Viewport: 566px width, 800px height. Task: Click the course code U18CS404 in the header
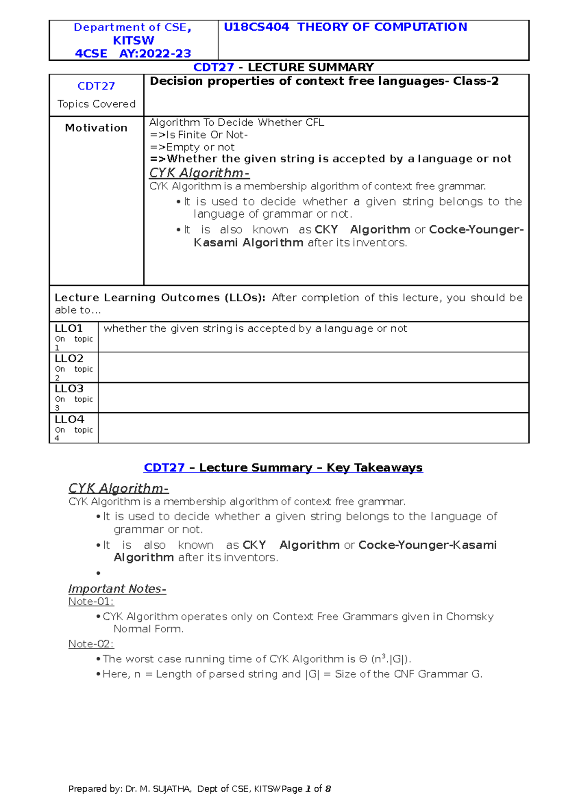(256, 27)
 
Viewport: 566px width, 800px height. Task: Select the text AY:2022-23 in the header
(155, 54)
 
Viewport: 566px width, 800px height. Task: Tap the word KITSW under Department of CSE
(133, 41)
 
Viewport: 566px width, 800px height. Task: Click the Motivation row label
(96, 128)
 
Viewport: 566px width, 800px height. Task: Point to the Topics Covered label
(96, 104)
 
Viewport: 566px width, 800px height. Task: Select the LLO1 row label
(69, 328)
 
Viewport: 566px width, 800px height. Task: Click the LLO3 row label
(69, 389)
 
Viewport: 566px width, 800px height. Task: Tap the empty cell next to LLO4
(313, 428)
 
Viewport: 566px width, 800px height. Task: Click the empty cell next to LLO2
(313, 367)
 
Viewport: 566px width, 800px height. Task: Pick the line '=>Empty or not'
(192, 147)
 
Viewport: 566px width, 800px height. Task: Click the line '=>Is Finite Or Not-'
(199, 135)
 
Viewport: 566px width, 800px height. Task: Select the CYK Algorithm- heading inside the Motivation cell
(199, 173)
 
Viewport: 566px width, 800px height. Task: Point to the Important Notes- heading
(117, 589)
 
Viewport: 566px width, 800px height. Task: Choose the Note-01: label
(91, 602)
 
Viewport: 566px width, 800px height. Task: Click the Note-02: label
(91, 644)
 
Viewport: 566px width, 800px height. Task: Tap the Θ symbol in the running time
(363, 659)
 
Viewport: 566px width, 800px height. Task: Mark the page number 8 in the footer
(328, 789)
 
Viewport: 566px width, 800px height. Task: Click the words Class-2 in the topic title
(475, 82)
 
